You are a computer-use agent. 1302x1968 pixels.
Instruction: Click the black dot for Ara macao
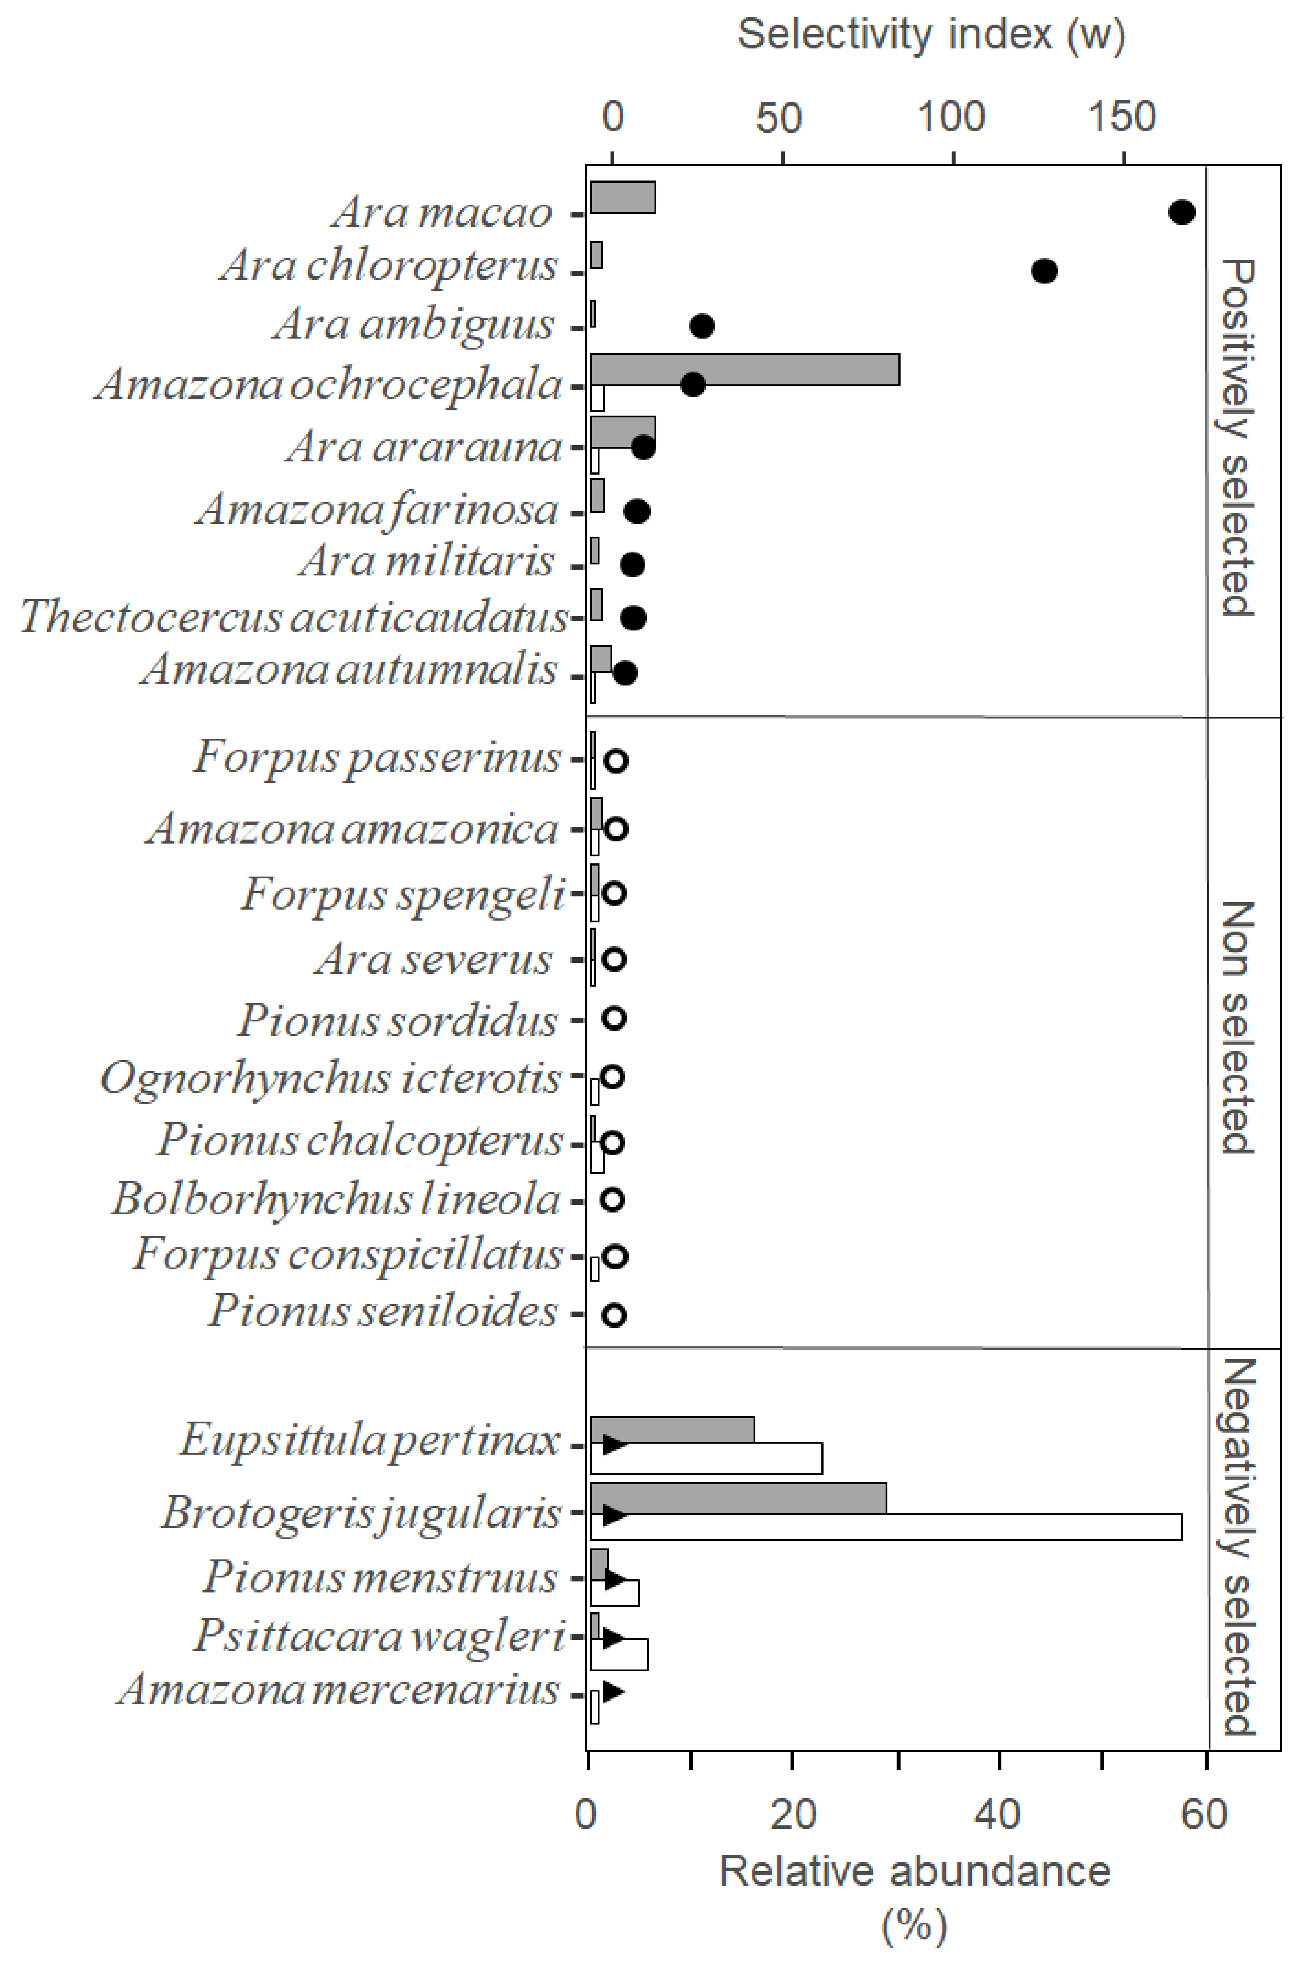pyautogui.click(x=1181, y=213)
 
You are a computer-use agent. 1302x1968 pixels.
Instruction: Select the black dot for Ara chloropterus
pyautogui.click(x=1044, y=271)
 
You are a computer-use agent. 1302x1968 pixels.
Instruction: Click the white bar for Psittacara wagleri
pyautogui.click(x=619, y=1653)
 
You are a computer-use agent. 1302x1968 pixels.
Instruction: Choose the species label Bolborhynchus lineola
pyautogui.click(x=336, y=1198)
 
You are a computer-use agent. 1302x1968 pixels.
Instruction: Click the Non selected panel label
pyautogui.click(x=1237, y=1027)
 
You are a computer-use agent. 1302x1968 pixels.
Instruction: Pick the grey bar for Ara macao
pyautogui.click(x=623, y=197)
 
